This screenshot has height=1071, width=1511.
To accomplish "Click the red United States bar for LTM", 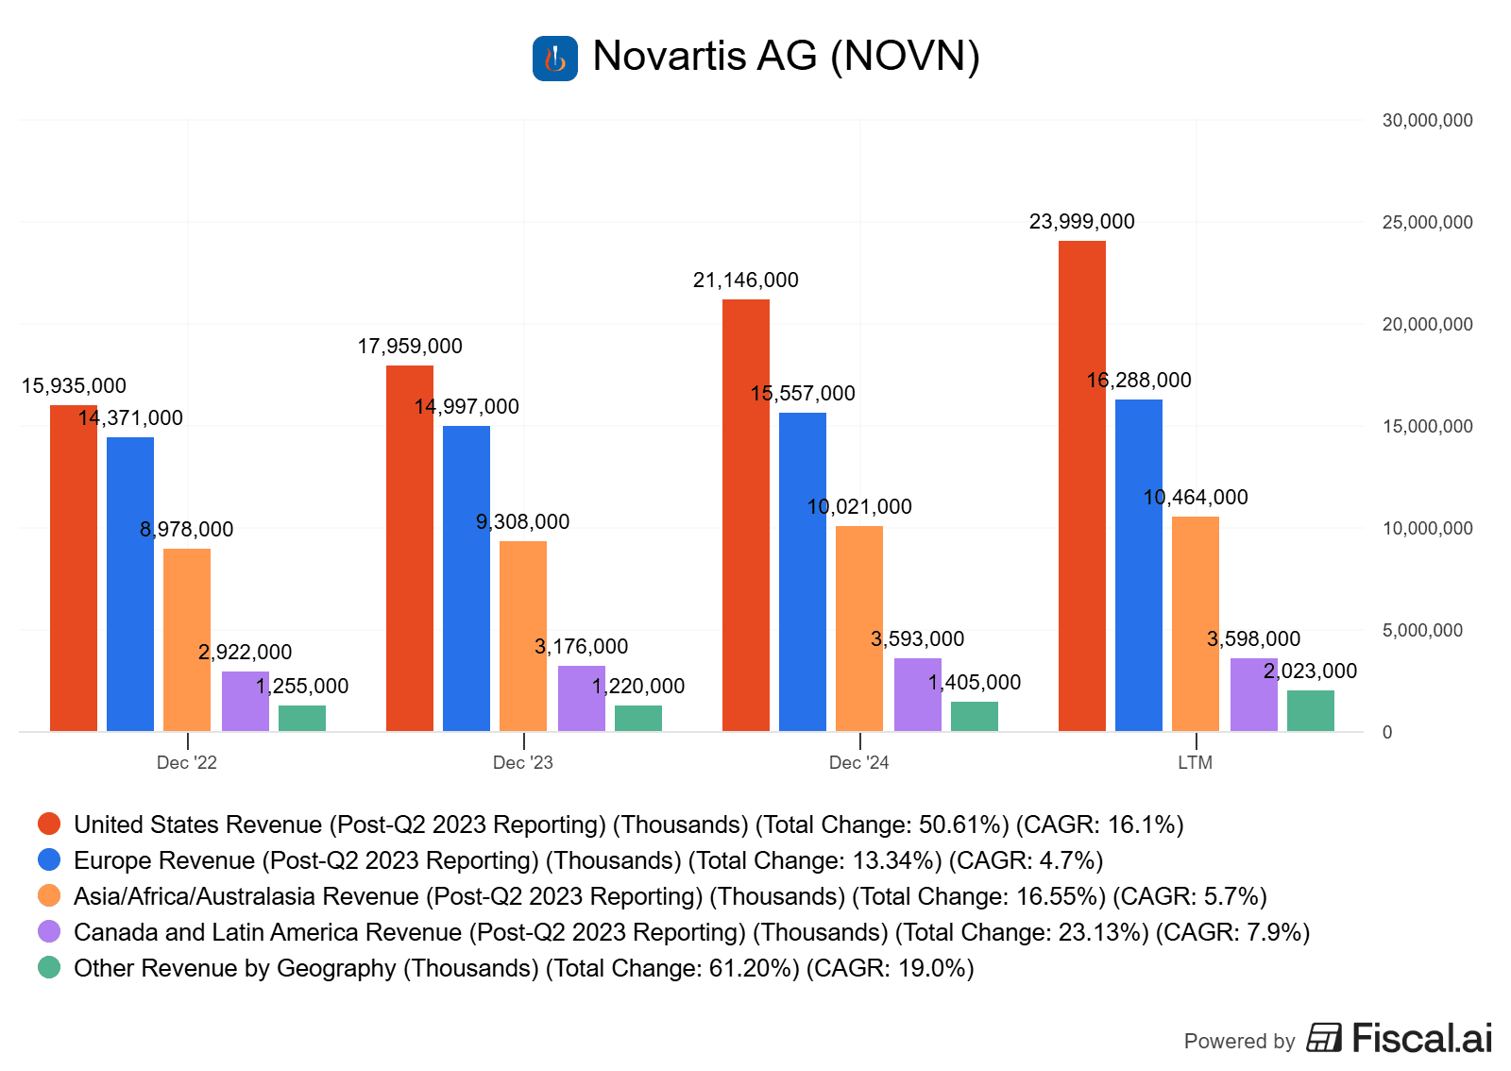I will [1081, 485].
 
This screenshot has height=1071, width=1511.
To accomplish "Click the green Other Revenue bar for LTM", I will [1311, 710].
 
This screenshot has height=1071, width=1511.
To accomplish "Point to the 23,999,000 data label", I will [1081, 222].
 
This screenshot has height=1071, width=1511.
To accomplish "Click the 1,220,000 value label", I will [638, 687].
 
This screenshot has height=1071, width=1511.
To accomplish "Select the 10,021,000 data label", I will [859, 507].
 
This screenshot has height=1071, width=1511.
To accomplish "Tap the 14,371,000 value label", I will [130, 418].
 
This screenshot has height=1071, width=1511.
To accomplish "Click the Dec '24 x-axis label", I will [858, 763].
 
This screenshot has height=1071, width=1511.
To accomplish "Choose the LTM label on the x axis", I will [1195, 763].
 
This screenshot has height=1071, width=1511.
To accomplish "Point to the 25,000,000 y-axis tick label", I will [1427, 223].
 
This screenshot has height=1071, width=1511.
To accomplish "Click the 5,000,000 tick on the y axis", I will [1422, 631].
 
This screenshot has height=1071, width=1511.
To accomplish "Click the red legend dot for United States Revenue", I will [49, 824].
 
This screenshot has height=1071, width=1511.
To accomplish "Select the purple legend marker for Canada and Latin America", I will [49, 932].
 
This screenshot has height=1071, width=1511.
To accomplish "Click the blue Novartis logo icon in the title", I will [555, 59].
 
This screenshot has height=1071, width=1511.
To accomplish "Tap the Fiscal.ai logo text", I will [1421, 1039].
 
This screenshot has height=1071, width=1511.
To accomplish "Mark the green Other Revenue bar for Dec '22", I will [302, 718].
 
